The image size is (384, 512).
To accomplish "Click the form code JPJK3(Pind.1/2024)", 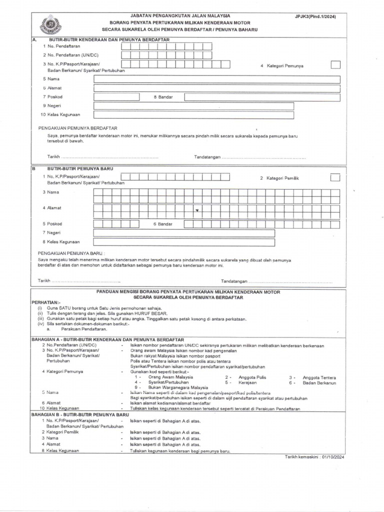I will [x=315, y=16].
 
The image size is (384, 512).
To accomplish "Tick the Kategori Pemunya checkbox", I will [x=335, y=64].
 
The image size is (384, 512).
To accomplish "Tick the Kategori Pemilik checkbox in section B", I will [x=335, y=177].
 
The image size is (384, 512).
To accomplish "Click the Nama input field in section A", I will [x=217, y=79].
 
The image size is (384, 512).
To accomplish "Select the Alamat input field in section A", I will [x=217, y=88].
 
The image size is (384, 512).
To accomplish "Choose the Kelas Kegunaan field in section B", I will [x=184, y=242].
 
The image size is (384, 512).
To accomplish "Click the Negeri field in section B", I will [x=184, y=233].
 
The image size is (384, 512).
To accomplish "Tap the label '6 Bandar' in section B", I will [x=162, y=224].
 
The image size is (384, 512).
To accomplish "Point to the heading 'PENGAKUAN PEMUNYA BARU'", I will [x=71, y=253].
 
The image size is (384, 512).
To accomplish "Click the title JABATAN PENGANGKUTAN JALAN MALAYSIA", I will [x=180, y=16].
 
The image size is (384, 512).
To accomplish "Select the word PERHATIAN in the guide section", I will [x=45, y=303].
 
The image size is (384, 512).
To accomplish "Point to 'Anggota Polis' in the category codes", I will [x=252, y=377].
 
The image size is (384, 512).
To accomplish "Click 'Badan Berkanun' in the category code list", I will [x=319, y=382].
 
